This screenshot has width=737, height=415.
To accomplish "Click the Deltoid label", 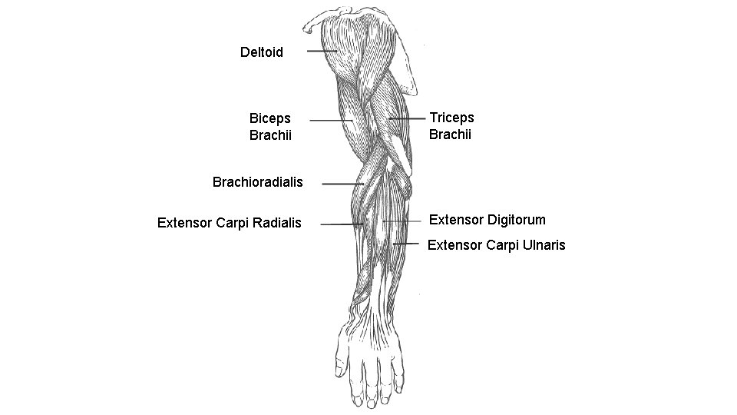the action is pyautogui.click(x=261, y=52).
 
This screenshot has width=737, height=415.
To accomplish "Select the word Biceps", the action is pyautogui.click(x=270, y=118).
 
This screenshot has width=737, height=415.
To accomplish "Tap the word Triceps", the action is pyautogui.click(x=451, y=118).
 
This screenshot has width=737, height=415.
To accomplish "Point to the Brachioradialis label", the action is pyautogui.click(x=257, y=183).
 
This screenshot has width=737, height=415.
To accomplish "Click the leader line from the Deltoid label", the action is pyautogui.click(x=322, y=51).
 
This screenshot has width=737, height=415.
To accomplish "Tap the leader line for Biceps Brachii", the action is pyautogui.click(x=331, y=121).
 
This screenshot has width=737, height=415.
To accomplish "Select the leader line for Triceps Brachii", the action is pyautogui.click(x=407, y=119).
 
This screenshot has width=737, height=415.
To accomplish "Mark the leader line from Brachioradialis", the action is pyautogui.click(x=342, y=184).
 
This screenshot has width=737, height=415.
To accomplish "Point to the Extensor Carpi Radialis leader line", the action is pyautogui.click(x=342, y=224).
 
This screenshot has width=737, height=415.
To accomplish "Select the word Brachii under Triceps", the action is pyautogui.click(x=450, y=135).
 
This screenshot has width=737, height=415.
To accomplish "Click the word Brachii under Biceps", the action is pyautogui.click(x=270, y=136).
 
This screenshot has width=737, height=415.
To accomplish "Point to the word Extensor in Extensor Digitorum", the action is pyautogui.click(x=454, y=220).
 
